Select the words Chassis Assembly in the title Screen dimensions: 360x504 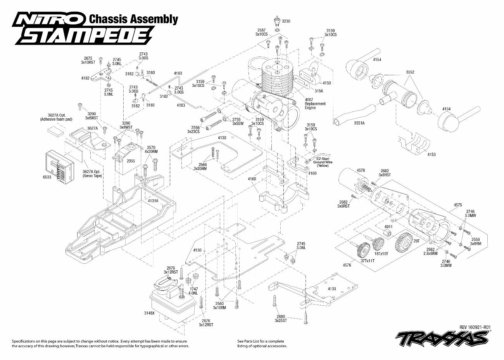133,19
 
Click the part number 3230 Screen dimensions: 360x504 286,21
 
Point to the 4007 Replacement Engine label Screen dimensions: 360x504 315,104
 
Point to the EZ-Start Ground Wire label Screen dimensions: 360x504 322,162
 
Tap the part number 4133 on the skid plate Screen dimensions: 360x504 331,289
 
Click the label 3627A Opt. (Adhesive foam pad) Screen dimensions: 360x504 56,117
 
